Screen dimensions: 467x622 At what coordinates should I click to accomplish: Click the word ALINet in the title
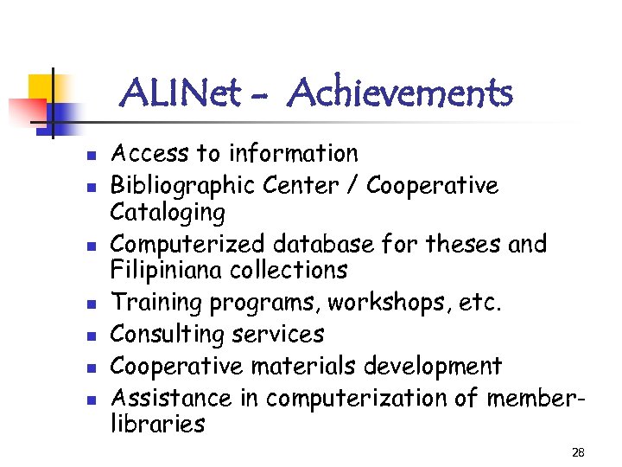point(181,92)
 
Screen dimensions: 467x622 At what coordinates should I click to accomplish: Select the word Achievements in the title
point(402,92)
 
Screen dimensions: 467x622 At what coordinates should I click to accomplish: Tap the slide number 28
point(578,452)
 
